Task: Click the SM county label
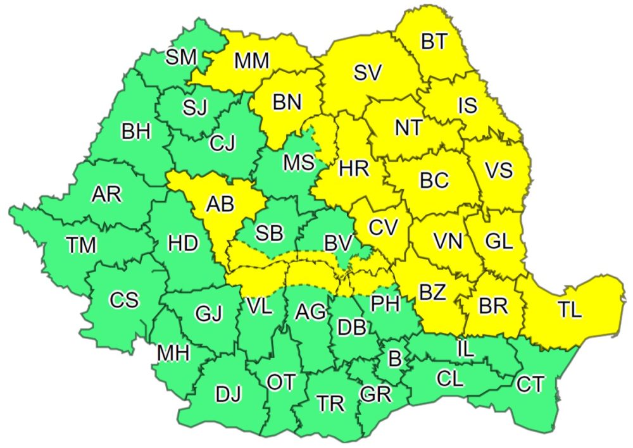click(181, 57)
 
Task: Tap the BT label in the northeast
click(434, 42)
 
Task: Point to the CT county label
click(531, 383)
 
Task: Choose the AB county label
click(220, 204)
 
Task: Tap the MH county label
click(173, 354)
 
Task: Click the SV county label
click(368, 73)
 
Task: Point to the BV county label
click(338, 241)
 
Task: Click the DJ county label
click(229, 395)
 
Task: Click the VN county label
click(448, 240)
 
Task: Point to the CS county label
click(123, 299)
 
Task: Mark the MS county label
click(299, 162)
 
